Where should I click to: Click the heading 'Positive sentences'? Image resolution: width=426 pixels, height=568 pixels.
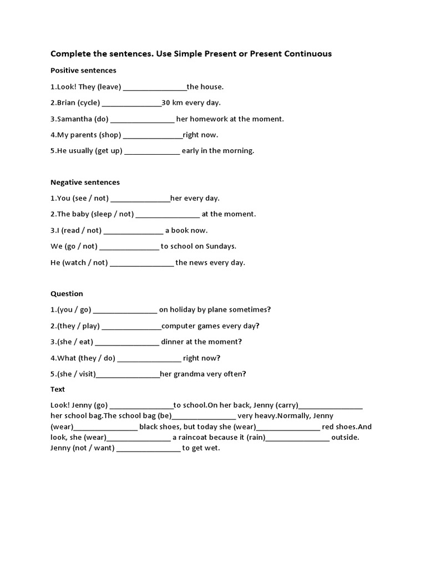pyautogui.click(x=83, y=70)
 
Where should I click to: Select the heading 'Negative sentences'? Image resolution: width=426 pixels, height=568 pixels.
pyautogui.click(x=85, y=182)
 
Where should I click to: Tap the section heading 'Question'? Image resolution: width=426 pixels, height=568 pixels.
pyautogui.click(x=67, y=293)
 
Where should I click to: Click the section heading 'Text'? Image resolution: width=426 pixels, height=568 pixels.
pyautogui.click(x=58, y=389)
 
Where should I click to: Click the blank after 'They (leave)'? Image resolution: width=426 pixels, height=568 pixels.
pyautogui.click(x=155, y=88)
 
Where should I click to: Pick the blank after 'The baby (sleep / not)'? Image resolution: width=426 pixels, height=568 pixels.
pyautogui.click(x=168, y=215)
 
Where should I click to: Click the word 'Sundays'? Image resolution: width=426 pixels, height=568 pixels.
pyautogui.click(x=221, y=246)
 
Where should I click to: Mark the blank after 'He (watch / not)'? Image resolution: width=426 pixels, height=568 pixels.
pyautogui.click(x=142, y=263)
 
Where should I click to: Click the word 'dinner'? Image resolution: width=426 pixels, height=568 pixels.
pyautogui.click(x=173, y=342)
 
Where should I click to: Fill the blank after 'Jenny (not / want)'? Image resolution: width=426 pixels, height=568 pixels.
pyautogui.click(x=149, y=449)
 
